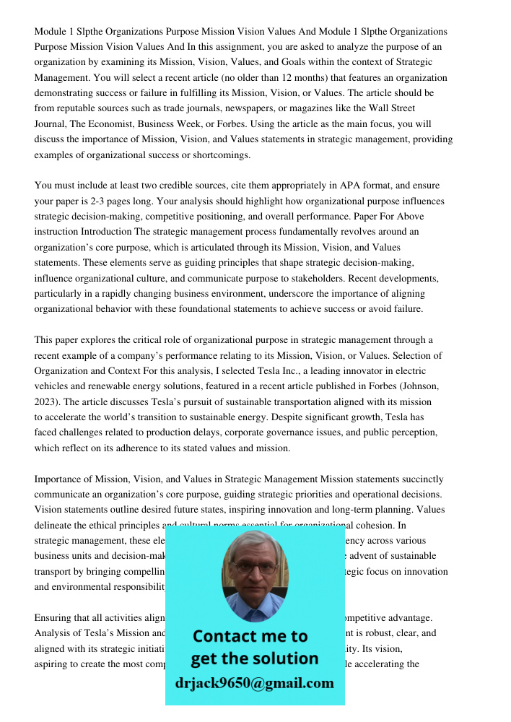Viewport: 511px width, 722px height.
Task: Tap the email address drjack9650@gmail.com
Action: (254, 683)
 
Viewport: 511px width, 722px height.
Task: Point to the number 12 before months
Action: (312, 78)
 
